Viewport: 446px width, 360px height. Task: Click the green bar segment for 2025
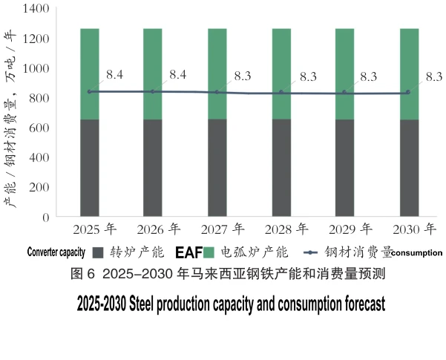tap(90, 73)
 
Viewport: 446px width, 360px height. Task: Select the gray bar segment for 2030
tap(409, 168)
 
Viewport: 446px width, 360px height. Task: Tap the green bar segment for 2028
tap(281, 73)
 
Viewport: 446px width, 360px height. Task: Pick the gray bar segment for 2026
tap(153, 168)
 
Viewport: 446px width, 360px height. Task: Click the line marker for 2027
tap(217, 92)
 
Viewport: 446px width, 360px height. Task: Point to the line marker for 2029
tap(344, 93)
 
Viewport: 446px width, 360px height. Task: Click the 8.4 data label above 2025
tap(115, 74)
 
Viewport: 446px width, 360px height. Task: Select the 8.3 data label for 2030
tap(434, 76)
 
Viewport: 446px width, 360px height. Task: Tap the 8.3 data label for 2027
tap(243, 76)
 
